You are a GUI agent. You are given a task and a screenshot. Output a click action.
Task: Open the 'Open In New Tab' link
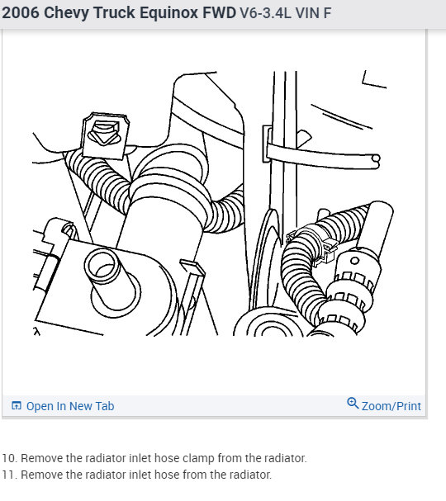pos(70,406)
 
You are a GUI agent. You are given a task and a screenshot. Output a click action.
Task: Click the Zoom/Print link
pos(391,406)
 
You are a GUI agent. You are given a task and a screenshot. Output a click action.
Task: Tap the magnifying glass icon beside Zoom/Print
pos(353,404)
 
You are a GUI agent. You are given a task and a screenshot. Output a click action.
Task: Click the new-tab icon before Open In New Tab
pos(16,406)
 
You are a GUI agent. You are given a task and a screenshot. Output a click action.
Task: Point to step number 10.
pos(9,458)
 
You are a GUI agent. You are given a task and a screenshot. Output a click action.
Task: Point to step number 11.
pos(9,475)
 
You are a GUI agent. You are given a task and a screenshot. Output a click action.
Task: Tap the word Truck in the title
pos(114,13)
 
